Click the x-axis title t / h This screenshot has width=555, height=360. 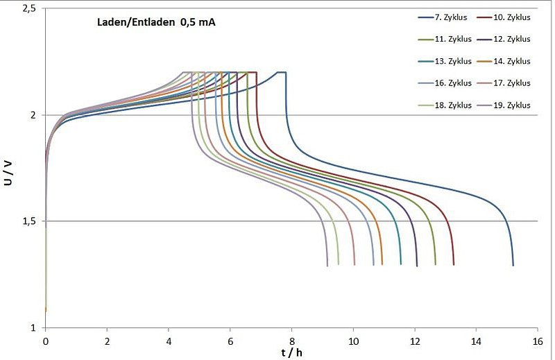(x=291, y=352)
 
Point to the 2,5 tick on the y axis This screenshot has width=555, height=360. (x=30, y=8)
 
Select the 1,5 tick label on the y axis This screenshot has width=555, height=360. (x=30, y=221)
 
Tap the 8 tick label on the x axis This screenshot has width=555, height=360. (x=291, y=341)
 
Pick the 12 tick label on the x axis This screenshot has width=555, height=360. (x=415, y=341)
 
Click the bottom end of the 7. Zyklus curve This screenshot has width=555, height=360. (x=513, y=265)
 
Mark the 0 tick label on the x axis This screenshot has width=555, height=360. (x=46, y=341)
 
